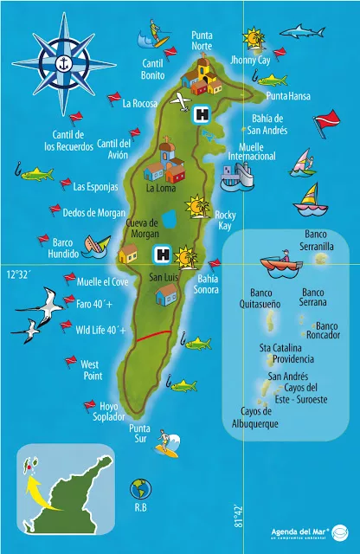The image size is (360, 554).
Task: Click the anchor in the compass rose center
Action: [x=61, y=61]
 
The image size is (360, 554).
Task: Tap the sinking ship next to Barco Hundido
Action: [x=101, y=247]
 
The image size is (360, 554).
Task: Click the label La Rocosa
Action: [x=139, y=104]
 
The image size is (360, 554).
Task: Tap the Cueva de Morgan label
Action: [x=142, y=229]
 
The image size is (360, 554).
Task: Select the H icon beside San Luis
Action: [x=161, y=254]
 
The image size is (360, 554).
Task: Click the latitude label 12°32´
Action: [x=19, y=274]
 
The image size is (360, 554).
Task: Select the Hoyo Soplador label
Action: [x=110, y=410]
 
